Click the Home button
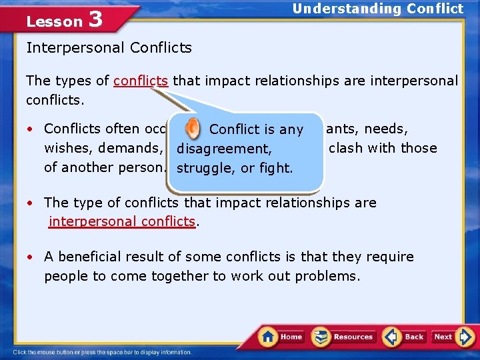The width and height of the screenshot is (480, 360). pos(281,337)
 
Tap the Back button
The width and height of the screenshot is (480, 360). pos(404,337)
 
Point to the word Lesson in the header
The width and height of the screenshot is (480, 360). pos(54,21)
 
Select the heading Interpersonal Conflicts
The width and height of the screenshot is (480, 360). pos(109,48)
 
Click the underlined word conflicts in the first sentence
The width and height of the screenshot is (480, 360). pos(141,81)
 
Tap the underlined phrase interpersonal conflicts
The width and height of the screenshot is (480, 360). pos(122,221)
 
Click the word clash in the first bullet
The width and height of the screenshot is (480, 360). pos(345,148)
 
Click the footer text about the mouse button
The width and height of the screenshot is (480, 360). pos(102,352)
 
